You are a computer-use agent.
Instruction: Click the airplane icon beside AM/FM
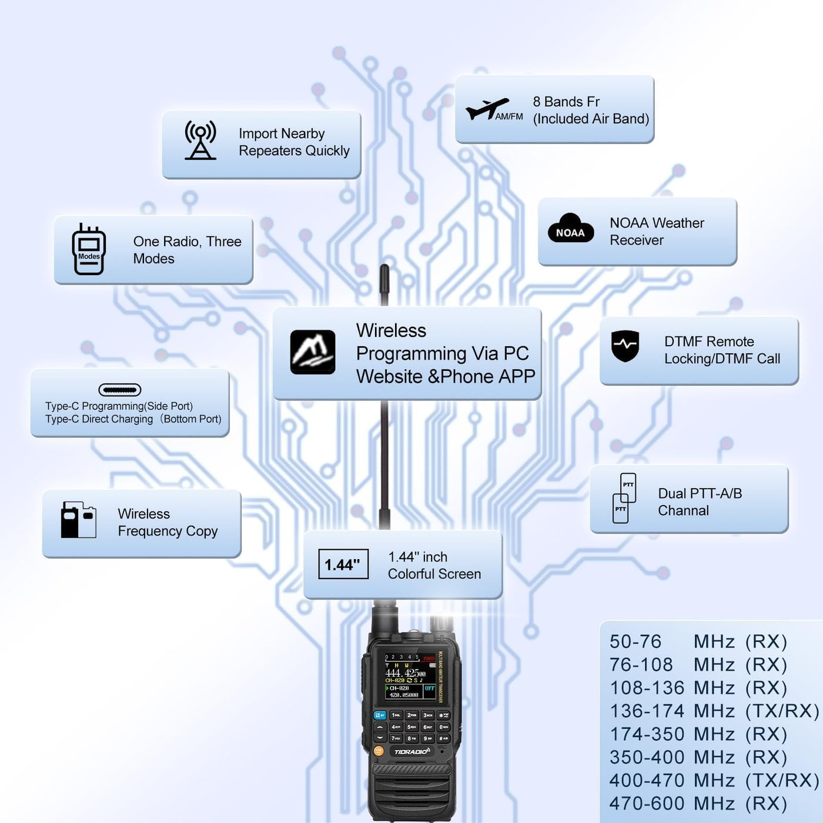pos(486,109)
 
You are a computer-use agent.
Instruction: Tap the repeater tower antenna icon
pos(200,140)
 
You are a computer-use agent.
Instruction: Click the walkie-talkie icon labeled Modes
pos(89,250)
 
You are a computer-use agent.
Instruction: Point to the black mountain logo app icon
pos(313,352)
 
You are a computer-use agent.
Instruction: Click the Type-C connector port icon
pos(120,390)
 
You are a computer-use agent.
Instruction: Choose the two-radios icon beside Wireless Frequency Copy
pos(78,520)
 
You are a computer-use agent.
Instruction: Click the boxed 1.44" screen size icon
pos(343,564)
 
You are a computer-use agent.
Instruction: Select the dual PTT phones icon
pos(624,498)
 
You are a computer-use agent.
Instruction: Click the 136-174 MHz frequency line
pos(714,711)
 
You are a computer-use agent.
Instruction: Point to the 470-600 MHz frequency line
pos(698,803)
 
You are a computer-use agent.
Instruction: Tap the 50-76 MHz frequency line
pos(698,641)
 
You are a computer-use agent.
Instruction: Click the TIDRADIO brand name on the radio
pos(411,752)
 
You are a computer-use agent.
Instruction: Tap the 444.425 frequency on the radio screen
pos(405,673)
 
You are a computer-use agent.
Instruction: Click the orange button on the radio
pos(379,751)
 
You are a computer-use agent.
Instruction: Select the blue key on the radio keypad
pos(380,715)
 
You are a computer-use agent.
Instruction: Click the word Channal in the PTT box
pos(683,510)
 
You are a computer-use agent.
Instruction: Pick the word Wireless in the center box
pos(391,330)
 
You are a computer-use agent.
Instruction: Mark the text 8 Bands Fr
pos(566,102)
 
